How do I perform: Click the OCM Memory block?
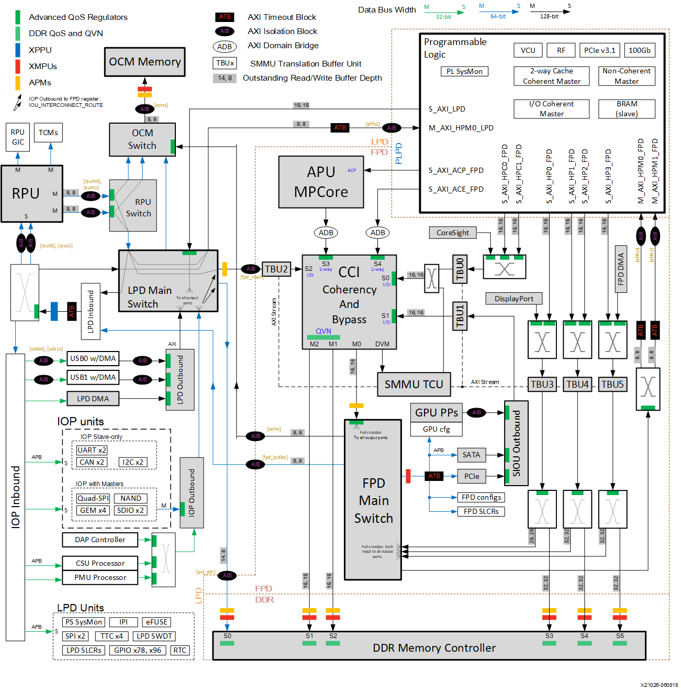tap(144, 62)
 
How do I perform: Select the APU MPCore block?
tap(321, 182)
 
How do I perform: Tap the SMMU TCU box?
tap(414, 385)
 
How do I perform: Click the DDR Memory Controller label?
tap(434, 648)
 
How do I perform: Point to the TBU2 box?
tap(276, 269)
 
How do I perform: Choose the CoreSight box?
tap(453, 233)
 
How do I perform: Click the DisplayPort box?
tap(513, 299)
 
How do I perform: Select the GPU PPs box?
tap(436, 413)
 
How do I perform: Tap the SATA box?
tap(471, 455)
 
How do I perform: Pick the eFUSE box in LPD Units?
tap(157, 622)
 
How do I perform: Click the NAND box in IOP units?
tap(130, 498)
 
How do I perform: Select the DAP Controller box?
tap(100, 540)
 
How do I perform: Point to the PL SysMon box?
tap(464, 71)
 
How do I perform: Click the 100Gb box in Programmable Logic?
tap(639, 50)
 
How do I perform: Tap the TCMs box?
tap(48, 133)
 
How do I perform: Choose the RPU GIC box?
tap(18, 137)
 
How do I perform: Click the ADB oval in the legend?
tap(225, 47)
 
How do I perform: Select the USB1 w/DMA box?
tap(93, 377)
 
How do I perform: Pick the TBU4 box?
tap(577, 384)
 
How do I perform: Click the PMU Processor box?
tap(100, 577)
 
